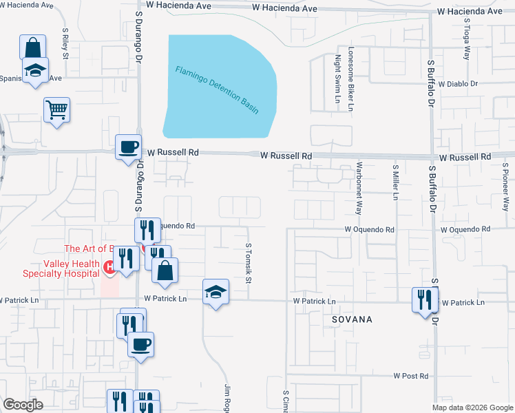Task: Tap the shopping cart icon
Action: tap(56, 109)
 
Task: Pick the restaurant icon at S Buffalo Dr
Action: tap(423, 299)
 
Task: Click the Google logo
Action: tap(23, 405)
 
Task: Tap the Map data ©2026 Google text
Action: tap(472, 407)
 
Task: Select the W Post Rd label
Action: tap(411, 376)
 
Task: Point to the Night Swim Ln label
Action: tap(338, 79)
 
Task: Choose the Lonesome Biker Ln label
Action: tap(350, 79)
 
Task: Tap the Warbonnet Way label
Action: tap(359, 189)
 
